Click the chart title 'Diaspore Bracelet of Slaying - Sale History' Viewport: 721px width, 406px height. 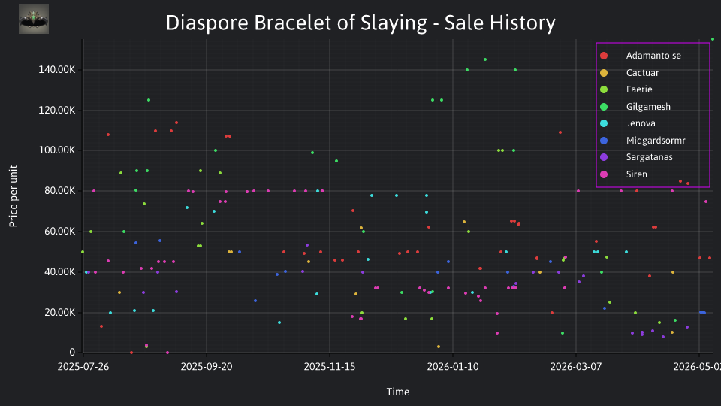point(360,23)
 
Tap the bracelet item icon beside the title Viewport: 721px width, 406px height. point(34,19)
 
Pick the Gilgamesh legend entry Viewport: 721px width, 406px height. point(635,106)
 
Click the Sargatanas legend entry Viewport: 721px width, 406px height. point(637,157)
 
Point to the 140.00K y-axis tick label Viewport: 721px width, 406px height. point(57,69)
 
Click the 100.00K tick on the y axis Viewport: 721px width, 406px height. point(57,150)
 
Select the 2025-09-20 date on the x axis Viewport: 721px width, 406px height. point(207,366)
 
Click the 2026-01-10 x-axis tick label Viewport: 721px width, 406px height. point(453,366)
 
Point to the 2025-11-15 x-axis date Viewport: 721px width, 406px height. point(330,366)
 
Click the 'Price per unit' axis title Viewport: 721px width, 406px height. point(14,196)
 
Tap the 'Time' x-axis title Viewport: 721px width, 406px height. point(398,392)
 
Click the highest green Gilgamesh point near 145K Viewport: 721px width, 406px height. point(485,59)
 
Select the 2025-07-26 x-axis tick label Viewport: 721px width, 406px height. point(83,366)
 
